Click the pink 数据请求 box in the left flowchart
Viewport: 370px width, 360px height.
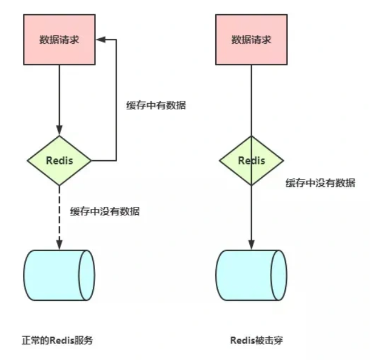tap(59, 39)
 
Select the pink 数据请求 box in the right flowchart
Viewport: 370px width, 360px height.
tap(251, 39)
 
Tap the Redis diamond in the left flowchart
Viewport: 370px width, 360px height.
tap(59, 161)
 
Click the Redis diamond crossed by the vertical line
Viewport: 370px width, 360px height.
tap(251, 161)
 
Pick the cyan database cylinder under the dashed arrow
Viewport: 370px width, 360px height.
tap(59, 275)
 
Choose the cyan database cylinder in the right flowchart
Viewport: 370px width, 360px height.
tap(251, 275)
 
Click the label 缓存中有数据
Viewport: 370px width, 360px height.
tap(156, 105)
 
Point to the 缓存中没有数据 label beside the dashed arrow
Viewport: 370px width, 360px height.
tap(105, 211)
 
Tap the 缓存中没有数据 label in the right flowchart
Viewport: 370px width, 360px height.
tap(320, 183)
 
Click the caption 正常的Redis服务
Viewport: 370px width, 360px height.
tap(57, 340)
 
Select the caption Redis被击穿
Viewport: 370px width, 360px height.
tap(257, 340)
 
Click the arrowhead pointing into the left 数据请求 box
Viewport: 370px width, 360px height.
tap(101, 39)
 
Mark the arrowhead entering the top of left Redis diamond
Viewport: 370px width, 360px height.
tap(59, 130)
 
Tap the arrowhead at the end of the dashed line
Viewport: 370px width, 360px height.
tap(59, 245)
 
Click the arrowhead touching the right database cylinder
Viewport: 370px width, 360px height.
tap(251, 245)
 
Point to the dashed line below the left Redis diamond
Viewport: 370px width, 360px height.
tap(59, 213)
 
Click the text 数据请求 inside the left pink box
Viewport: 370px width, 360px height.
tap(59, 39)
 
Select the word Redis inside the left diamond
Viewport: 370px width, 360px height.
tap(59, 161)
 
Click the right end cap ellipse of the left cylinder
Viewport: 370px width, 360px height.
tap(87, 275)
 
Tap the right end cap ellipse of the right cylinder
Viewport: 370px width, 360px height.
tap(279, 275)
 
